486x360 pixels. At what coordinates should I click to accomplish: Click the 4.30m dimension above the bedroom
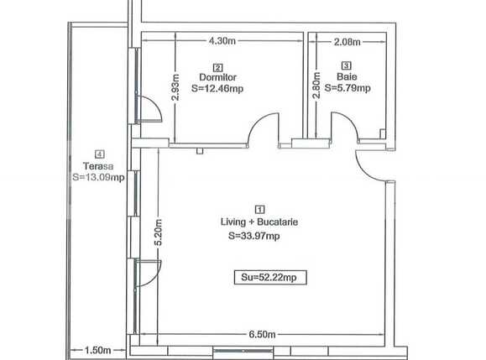(x=221, y=40)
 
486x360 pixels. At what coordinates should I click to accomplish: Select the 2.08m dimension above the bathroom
(x=346, y=40)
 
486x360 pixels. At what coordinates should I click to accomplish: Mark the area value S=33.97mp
(x=253, y=236)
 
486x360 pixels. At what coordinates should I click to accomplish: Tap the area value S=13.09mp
(x=97, y=176)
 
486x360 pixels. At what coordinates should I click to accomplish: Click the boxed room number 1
(x=259, y=210)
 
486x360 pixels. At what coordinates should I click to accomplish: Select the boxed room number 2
(x=218, y=67)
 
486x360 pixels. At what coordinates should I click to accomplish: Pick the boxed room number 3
(x=346, y=65)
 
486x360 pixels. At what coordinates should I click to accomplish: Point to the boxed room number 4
(x=100, y=154)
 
